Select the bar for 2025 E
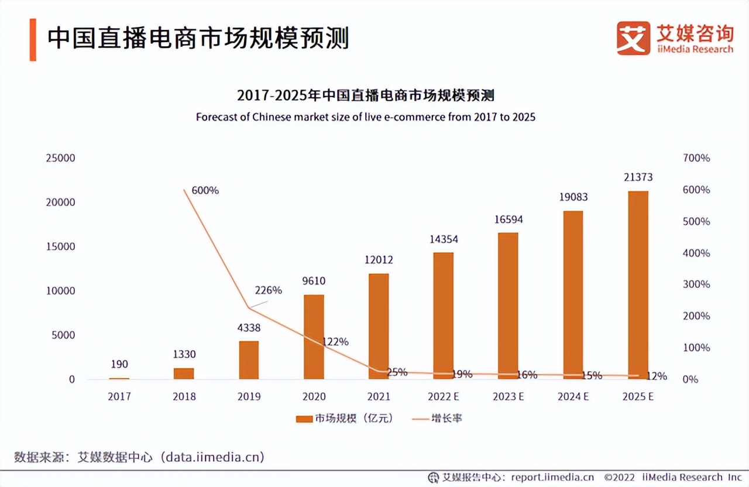(x=638, y=285)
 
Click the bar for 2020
(x=314, y=337)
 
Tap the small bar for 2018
(x=184, y=373)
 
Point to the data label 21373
(x=638, y=177)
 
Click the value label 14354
(x=443, y=239)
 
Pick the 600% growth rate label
(x=205, y=190)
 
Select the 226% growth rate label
(x=268, y=290)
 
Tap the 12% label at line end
(x=657, y=376)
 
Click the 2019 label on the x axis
(x=249, y=397)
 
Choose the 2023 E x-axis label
(x=508, y=397)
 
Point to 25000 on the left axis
(x=61, y=158)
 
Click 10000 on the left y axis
(x=61, y=291)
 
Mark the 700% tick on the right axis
(x=696, y=158)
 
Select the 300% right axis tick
(x=696, y=284)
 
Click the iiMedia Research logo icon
(x=633, y=39)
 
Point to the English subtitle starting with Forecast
(x=366, y=117)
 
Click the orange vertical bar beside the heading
(x=33, y=39)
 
